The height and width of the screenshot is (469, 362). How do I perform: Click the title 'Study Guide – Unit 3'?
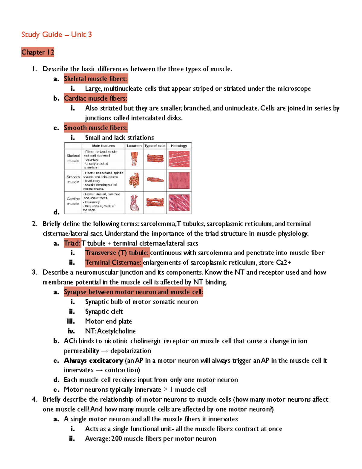coord(56,35)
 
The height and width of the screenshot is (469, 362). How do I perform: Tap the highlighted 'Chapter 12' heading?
coord(38,52)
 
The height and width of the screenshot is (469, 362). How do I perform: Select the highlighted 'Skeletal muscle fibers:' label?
coord(96,79)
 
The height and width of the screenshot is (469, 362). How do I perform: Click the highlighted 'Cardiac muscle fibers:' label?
coord(95,98)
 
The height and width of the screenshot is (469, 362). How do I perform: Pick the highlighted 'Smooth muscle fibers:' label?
coord(96,128)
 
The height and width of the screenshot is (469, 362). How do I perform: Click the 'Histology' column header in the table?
coord(179,146)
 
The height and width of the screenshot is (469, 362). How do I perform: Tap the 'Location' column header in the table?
coord(134,146)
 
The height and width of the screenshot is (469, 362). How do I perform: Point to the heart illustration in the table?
coord(134,203)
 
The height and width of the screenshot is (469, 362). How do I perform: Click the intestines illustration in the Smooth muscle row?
coord(134,180)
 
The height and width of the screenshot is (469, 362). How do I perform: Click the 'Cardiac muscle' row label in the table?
coord(73,201)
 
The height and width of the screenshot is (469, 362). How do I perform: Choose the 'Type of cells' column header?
coord(155,146)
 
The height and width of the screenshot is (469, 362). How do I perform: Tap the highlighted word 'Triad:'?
coord(72,243)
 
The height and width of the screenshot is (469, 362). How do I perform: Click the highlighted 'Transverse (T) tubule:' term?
coord(117,253)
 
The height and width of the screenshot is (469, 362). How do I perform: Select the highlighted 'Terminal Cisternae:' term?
coord(113,263)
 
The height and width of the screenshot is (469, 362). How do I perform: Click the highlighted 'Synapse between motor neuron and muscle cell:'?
coord(133,292)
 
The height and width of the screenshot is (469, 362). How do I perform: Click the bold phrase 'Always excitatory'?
coord(94,361)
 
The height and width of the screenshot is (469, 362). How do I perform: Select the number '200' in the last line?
coord(117,439)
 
